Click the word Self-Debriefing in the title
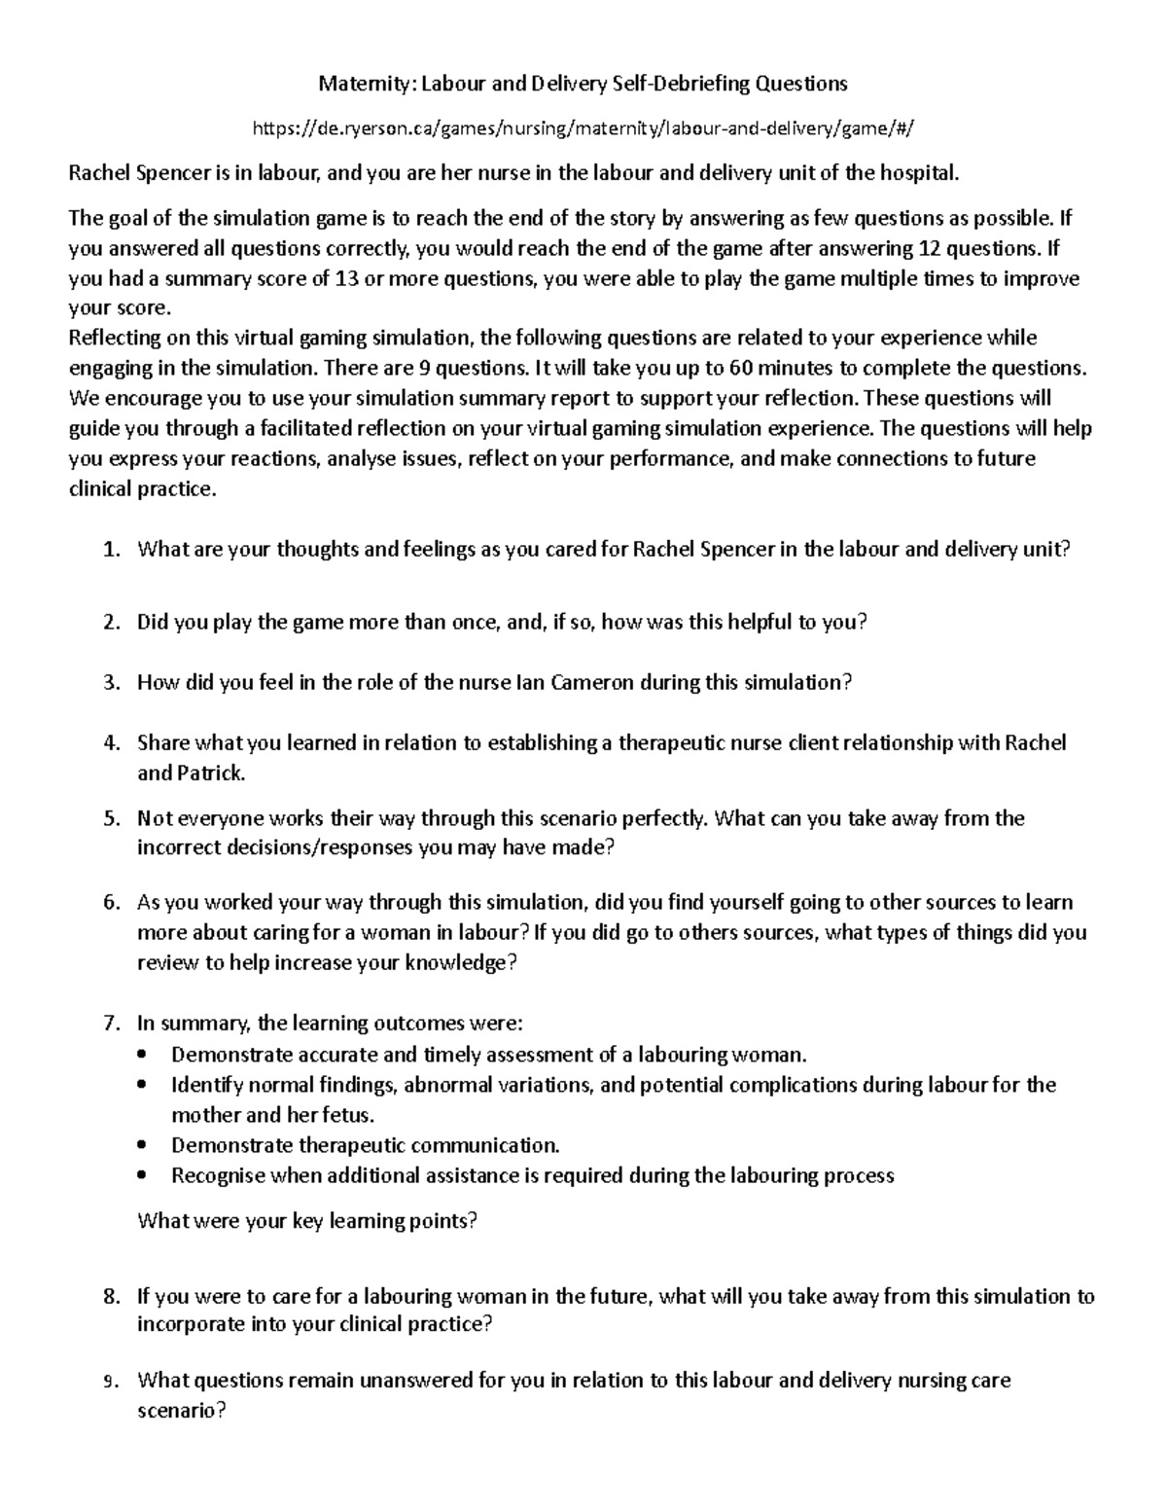tap(674, 84)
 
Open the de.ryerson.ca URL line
tap(583, 128)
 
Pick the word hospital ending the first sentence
tap(919, 173)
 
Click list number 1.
tap(110, 550)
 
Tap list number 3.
tap(110, 683)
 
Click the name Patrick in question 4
tap(211, 773)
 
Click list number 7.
tap(110, 1024)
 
